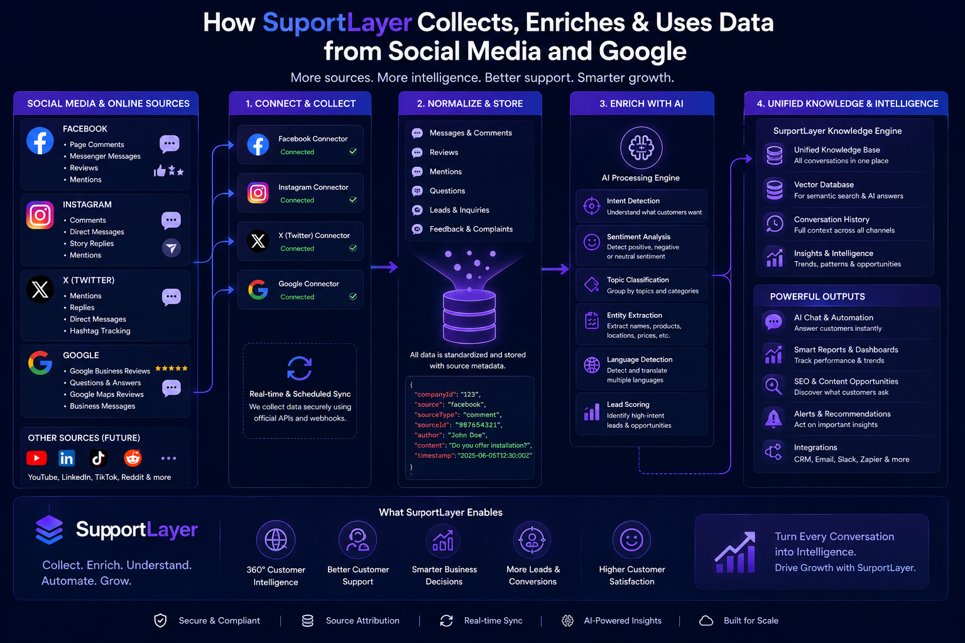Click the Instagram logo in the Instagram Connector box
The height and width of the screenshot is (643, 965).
point(258,193)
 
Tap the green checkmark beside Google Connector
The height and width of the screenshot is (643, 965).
point(353,296)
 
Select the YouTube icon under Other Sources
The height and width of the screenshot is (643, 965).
point(36,458)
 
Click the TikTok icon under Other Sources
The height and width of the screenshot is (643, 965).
point(98,458)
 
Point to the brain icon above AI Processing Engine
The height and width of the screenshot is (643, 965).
point(641,148)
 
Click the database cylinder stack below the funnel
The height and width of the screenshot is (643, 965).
point(469,316)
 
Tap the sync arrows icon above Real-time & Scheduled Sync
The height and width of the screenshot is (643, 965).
point(300,368)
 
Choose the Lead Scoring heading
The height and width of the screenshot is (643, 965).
point(628,404)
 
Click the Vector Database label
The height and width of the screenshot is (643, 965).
point(824,185)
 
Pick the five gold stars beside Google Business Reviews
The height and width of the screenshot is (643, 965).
point(172,368)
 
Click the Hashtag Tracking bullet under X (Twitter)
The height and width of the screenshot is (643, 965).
point(100,331)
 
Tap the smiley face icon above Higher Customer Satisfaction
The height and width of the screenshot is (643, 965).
point(631,539)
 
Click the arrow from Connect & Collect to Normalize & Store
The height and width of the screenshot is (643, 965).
point(384,267)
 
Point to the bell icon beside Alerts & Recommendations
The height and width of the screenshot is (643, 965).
point(774,418)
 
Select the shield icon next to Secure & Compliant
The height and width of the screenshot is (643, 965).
point(160,620)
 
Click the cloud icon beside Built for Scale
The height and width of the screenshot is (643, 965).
point(706,620)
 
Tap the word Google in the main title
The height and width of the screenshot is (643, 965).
point(642,51)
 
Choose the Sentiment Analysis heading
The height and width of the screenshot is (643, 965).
point(638,237)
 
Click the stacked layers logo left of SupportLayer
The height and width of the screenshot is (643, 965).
point(49,529)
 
